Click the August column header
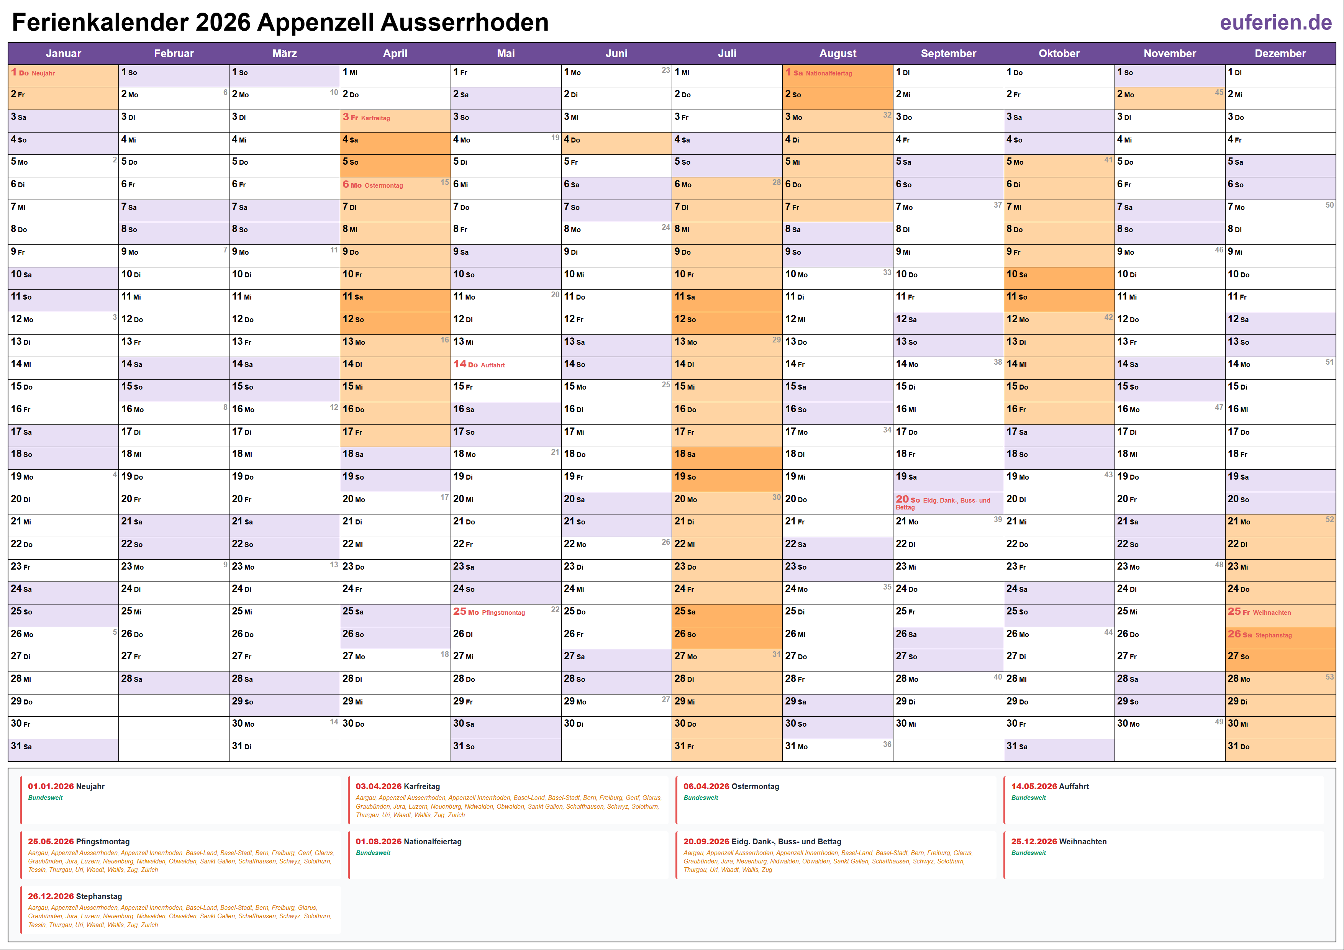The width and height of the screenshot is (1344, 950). [837, 53]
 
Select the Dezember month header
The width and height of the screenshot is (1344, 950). [1280, 53]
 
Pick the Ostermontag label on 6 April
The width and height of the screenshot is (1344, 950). [384, 185]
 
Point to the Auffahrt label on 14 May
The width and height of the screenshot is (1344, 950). [492, 365]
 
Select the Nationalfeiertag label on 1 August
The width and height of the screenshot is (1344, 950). [828, 73]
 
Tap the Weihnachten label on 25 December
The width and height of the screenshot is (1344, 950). [1272, 613]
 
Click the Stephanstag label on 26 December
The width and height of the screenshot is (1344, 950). [1273, 635]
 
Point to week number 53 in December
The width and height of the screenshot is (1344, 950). [1329, 676]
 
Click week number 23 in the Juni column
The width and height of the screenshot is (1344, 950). [665, 70]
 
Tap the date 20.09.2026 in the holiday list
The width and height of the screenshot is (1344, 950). [706, 841]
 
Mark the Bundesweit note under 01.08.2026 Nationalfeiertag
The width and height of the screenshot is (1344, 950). [373, 853]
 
